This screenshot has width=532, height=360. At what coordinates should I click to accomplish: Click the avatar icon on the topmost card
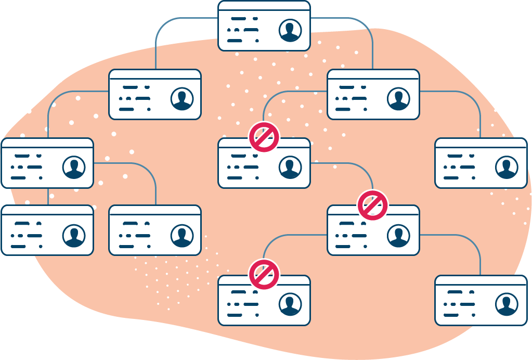tap(290, 30)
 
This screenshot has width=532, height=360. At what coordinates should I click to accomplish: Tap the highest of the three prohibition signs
tap(264, 137)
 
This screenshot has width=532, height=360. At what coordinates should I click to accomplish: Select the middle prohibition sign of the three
tap(373, 205)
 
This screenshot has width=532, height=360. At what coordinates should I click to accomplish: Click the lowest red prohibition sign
tap(264, 275)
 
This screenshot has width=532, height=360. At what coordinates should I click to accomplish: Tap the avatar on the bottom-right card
tap(507, 305)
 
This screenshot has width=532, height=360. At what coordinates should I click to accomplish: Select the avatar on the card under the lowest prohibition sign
tap(290, 305)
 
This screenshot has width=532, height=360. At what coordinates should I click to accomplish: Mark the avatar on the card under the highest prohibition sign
tap(290, 167)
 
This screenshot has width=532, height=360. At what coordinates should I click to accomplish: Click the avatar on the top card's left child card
tap(182, 99)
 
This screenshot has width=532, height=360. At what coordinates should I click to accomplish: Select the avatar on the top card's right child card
tap(399, 99)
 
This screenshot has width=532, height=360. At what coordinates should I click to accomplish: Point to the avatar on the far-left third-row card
tap(74, 167)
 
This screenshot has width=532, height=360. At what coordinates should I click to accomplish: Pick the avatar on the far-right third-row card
tap(507, 167)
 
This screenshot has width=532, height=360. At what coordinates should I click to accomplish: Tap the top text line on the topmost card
tap(244, 19)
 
